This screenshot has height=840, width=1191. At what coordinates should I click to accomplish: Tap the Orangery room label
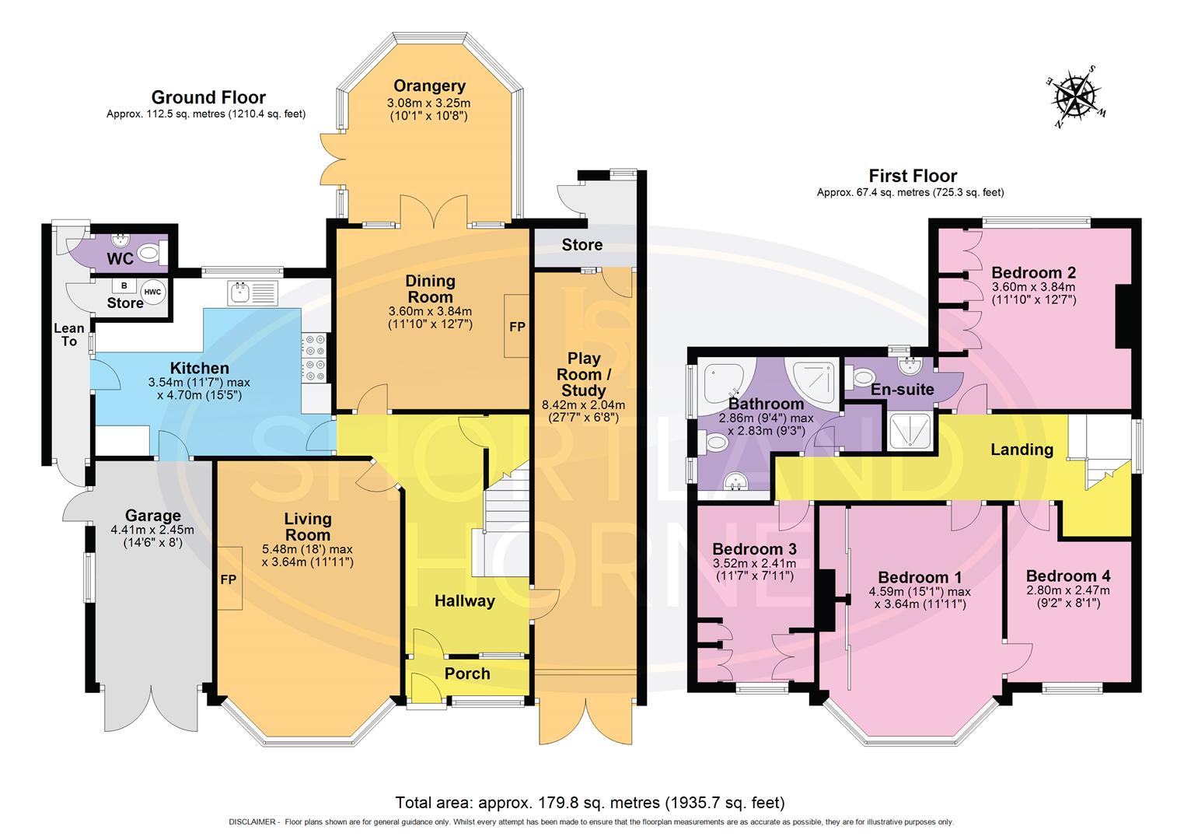tap(429, 86)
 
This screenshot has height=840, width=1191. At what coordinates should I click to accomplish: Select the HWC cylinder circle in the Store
tap(152, 292)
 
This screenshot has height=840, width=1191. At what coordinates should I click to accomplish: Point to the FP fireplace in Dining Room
tap(517, 326)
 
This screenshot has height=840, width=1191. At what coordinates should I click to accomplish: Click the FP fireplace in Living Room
tap(229, 578)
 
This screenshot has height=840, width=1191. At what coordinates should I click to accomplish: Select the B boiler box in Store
tap(124, 285)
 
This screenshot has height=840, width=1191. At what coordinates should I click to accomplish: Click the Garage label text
tap(152, 516)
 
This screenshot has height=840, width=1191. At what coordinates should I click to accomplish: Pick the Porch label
tap(466, 674)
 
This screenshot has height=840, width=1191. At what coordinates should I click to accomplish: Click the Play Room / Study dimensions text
tap(583, 411)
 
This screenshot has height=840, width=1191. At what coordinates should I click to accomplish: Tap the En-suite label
tap(903, 390)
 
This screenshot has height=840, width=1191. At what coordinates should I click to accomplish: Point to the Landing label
tap(1022, 450)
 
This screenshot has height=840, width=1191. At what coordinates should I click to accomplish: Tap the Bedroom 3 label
tap(754, 549)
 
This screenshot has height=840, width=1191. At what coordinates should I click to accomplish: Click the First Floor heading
tap(913, 176)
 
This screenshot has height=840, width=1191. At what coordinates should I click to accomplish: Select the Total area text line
tap(589, 802)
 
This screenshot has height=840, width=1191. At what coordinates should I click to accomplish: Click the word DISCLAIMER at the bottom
tap(253, 822)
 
